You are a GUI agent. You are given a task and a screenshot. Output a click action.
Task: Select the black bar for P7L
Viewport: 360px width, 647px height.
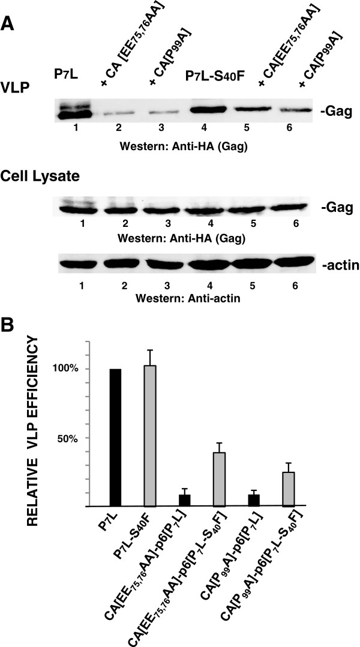pos(116,438)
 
